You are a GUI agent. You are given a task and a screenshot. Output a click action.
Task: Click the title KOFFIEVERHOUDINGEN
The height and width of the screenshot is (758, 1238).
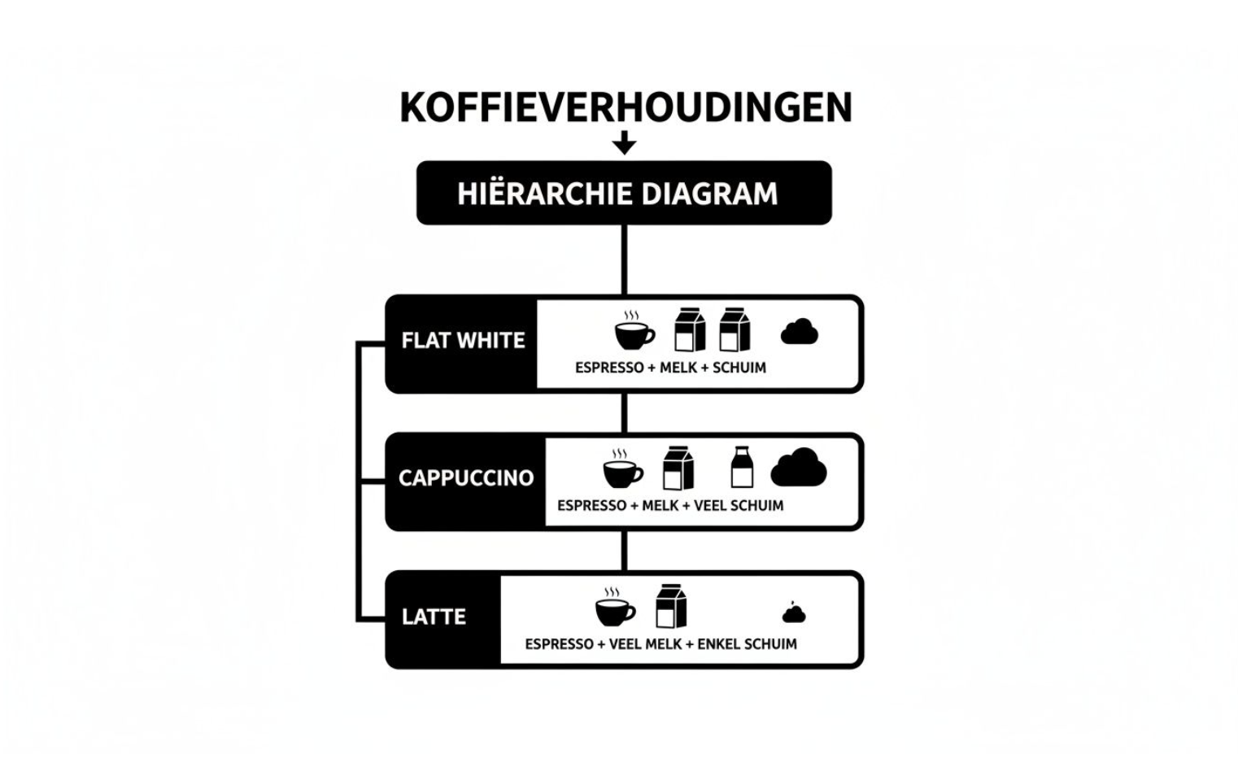pos(626,107)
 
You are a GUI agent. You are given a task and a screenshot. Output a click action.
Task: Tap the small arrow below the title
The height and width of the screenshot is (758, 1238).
pos(624,144)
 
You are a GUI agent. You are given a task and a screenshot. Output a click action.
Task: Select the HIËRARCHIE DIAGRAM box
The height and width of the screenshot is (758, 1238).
pos(624,193)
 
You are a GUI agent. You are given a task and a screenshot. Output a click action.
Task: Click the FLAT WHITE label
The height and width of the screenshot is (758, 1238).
pos(463,340)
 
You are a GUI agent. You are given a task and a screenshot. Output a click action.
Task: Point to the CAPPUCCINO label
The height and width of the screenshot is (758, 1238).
pos(466,478)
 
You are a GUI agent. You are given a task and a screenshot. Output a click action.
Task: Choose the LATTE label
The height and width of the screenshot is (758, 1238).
pos(434,616)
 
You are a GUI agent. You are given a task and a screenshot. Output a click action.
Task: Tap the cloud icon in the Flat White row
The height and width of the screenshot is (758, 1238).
pos(799,332)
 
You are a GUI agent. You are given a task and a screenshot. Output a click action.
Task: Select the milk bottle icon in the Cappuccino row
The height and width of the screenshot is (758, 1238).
pos(742,468)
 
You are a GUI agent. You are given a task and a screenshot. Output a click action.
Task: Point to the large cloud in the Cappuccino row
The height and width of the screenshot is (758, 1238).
pos(798,468)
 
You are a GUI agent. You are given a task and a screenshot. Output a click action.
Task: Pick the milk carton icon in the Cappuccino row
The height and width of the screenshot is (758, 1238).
pos(678,468)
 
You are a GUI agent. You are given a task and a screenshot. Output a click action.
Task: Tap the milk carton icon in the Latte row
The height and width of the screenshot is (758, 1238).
pos(671,607)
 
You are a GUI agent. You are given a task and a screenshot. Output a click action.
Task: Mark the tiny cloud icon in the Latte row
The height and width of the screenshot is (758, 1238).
pos(794,613)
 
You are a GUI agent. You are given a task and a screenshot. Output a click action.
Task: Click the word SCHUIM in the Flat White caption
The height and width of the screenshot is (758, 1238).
pos(739,368)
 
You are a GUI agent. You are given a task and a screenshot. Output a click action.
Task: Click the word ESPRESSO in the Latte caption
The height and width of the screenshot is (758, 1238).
pos(559,644)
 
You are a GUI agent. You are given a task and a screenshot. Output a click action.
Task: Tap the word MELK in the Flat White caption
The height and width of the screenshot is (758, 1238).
pos(678,368)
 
